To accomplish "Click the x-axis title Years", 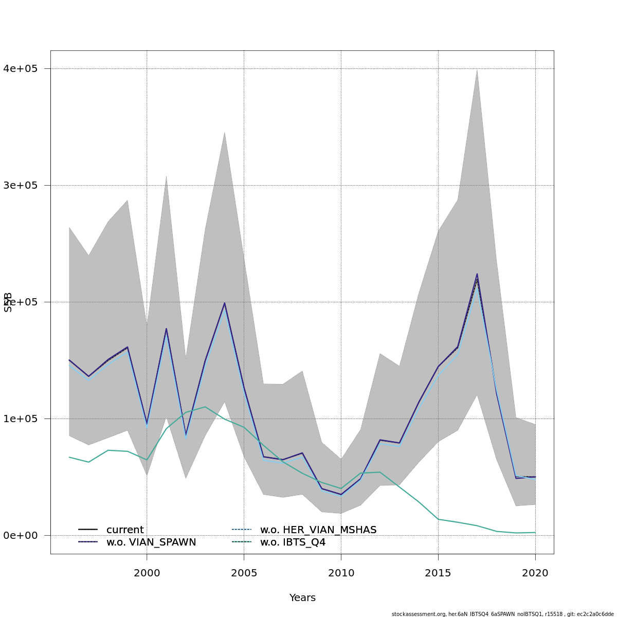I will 302,597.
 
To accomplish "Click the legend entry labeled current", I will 125,530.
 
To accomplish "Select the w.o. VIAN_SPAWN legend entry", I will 151,542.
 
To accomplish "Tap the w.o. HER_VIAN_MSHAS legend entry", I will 318,530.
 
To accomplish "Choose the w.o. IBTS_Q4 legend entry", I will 293,542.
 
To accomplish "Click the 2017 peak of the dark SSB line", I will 477,274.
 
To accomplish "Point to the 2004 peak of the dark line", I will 224,303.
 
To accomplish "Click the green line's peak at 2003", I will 205,407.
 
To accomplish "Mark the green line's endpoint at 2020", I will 535,532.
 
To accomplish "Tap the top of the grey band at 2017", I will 477,69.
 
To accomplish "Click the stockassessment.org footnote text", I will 502,614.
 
